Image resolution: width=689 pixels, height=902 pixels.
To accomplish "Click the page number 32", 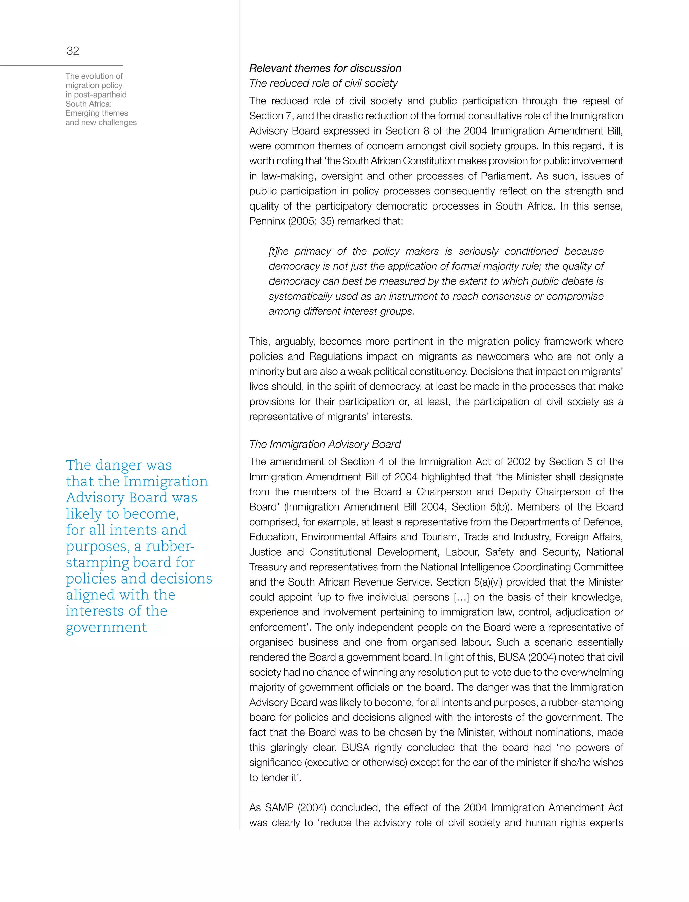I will pyautogui.click(x=73, y=51).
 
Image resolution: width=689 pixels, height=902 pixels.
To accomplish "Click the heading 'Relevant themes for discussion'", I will pyautogui.click(x=325, y=68).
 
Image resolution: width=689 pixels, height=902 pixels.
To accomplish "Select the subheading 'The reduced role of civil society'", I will pyautogui.click(x=323, y=83).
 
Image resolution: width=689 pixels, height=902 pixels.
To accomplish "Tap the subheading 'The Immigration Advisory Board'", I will pyautogui.click(x=325, y=444).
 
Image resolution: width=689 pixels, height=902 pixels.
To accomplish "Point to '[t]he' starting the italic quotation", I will pyautogui.click(x=279, y=251).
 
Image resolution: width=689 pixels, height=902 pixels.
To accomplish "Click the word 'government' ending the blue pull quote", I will pyautogui.click(x=106, y=627).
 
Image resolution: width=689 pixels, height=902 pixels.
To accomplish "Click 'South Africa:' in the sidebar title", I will pyautogui.click(x=88, y=104).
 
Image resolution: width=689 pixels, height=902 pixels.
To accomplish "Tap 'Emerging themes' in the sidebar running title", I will pyautogui.click(x=97, y=113).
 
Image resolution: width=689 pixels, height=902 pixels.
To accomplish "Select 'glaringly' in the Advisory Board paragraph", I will pyautogui.click(x=287, y=747).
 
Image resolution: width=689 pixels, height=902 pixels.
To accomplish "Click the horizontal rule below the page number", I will pyautogui.click(x=62, y=65).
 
